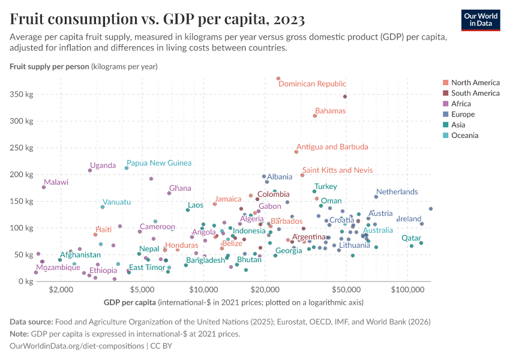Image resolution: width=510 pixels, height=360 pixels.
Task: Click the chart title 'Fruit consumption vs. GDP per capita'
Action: (157, 19)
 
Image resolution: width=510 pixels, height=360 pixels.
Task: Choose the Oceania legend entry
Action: (464, 136)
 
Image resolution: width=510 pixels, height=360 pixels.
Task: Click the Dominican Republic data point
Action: (278, 79)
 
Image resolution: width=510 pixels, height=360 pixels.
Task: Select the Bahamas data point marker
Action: (315, 116)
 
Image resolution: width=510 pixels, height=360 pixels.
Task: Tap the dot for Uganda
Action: (90, 170)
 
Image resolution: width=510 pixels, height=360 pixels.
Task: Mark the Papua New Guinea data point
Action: (127, 168)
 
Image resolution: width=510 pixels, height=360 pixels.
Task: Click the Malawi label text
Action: (56, 182)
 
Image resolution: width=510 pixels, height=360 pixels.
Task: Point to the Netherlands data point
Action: (376, 197)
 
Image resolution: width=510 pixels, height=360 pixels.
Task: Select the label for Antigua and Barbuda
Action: (332, 147)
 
